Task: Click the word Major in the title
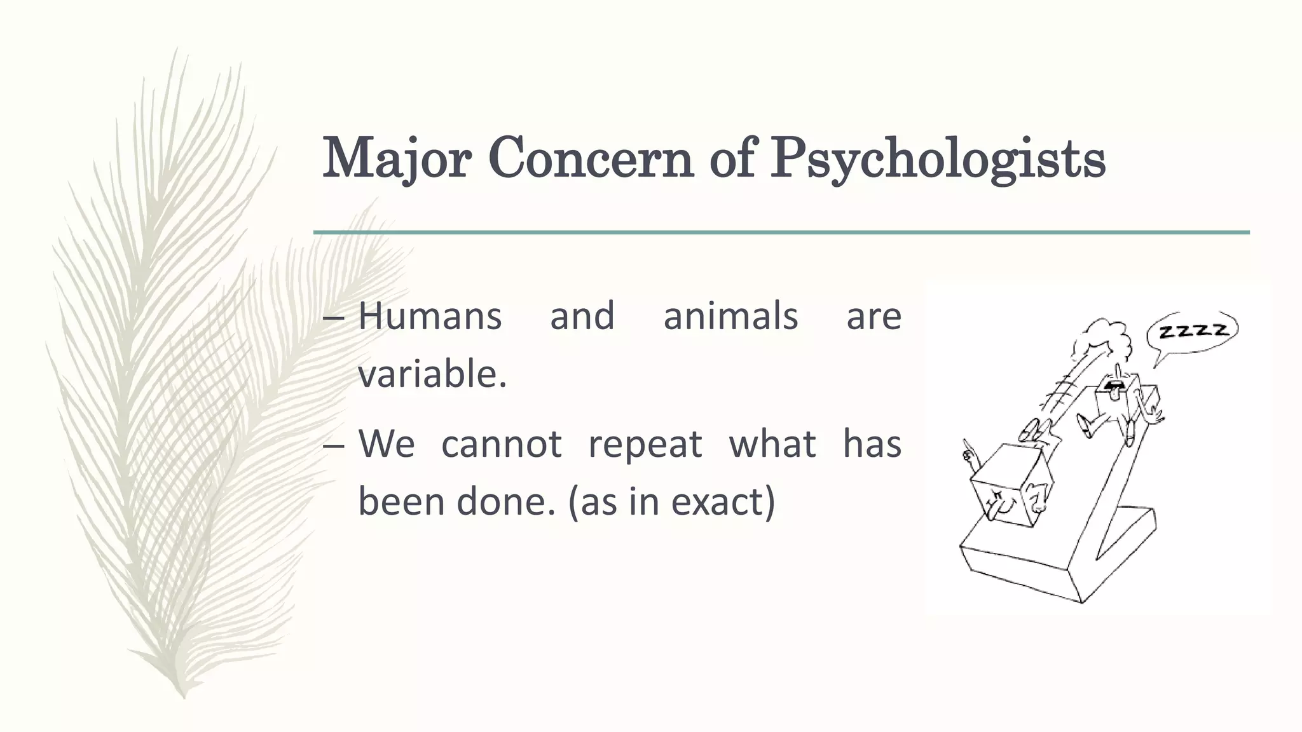click(395, 159)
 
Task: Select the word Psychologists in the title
click(937, 159)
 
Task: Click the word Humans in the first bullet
click(430, 316)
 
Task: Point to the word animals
click(730, 316)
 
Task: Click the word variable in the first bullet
click(429, 374)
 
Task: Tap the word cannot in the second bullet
click(501, 443)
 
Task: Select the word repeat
click(645, 443)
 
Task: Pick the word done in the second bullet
click(506, 501)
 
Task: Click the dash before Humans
click(334, 317)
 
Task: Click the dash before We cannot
click(334, 445)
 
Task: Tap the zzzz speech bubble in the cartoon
click(1192, 331)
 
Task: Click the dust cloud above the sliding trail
click(1103, 340)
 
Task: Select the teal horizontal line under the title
click(781, 233)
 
